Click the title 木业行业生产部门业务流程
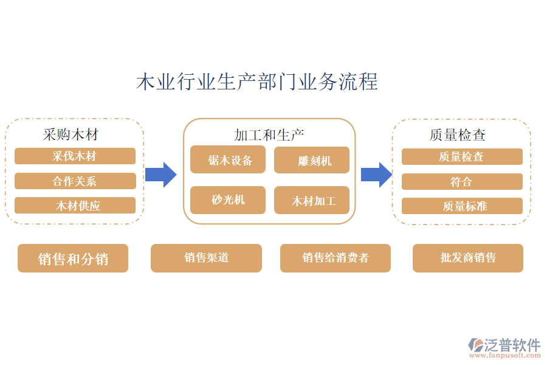tap(256, 82)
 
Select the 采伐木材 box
tap(75, 156)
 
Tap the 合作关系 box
tap(75, 181)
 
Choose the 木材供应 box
tap(75, 206)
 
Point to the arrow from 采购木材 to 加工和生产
tap(160, 175)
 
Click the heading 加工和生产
tap(269, 134)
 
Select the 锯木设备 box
tap(228, 160)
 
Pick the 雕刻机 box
tap(312, 161)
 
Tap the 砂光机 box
tap(228, 200)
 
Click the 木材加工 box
tap(312, 200)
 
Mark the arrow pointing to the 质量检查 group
tap(376, 175)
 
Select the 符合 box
tap(462, 181)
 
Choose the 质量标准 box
tap(462, 206)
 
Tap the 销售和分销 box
tap(73, 259)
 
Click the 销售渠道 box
tap(206, 258)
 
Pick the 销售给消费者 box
tap(335, 258)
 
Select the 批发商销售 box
tap(468, 258)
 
